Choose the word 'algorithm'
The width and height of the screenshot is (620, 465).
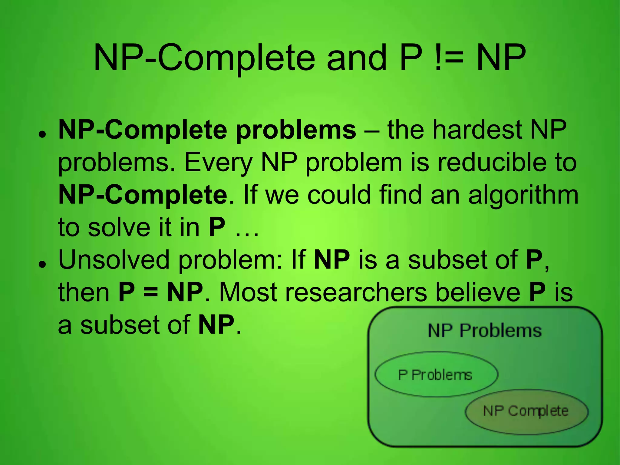tap(523, 196)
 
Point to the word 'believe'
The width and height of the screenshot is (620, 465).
tap(478, 292)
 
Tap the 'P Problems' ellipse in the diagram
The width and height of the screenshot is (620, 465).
tap(436, 374)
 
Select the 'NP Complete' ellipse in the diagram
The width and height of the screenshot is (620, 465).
tap(526, 411)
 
